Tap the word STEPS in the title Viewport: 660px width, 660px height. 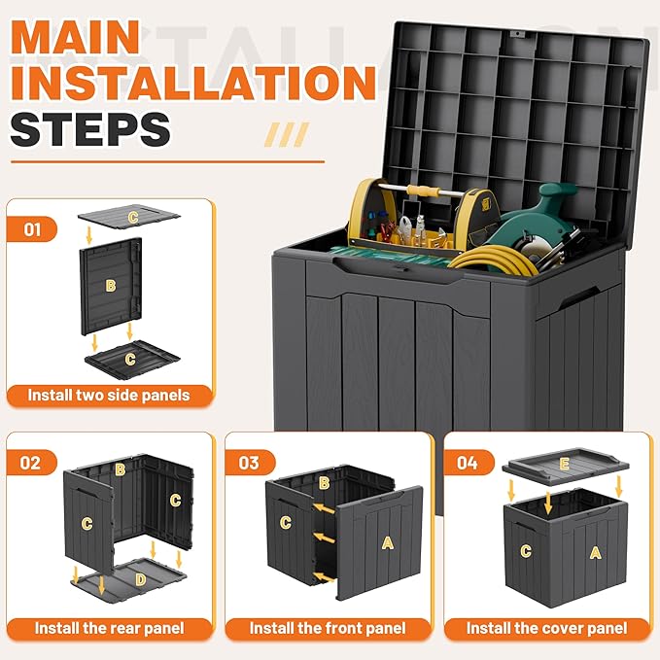[x=90, y=129]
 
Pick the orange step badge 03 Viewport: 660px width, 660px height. [x=249, y=463]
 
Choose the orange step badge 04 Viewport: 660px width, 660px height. [x=467, y=463]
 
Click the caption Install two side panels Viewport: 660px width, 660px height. [x=108, y=396]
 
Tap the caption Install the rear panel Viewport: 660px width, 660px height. [x=108, y=628]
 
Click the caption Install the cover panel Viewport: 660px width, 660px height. [x=544, y=628]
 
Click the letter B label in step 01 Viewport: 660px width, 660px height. [x=110, y=285]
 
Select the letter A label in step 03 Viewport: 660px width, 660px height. [x=387, y=542]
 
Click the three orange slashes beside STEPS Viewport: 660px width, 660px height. [x=288, y=133]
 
